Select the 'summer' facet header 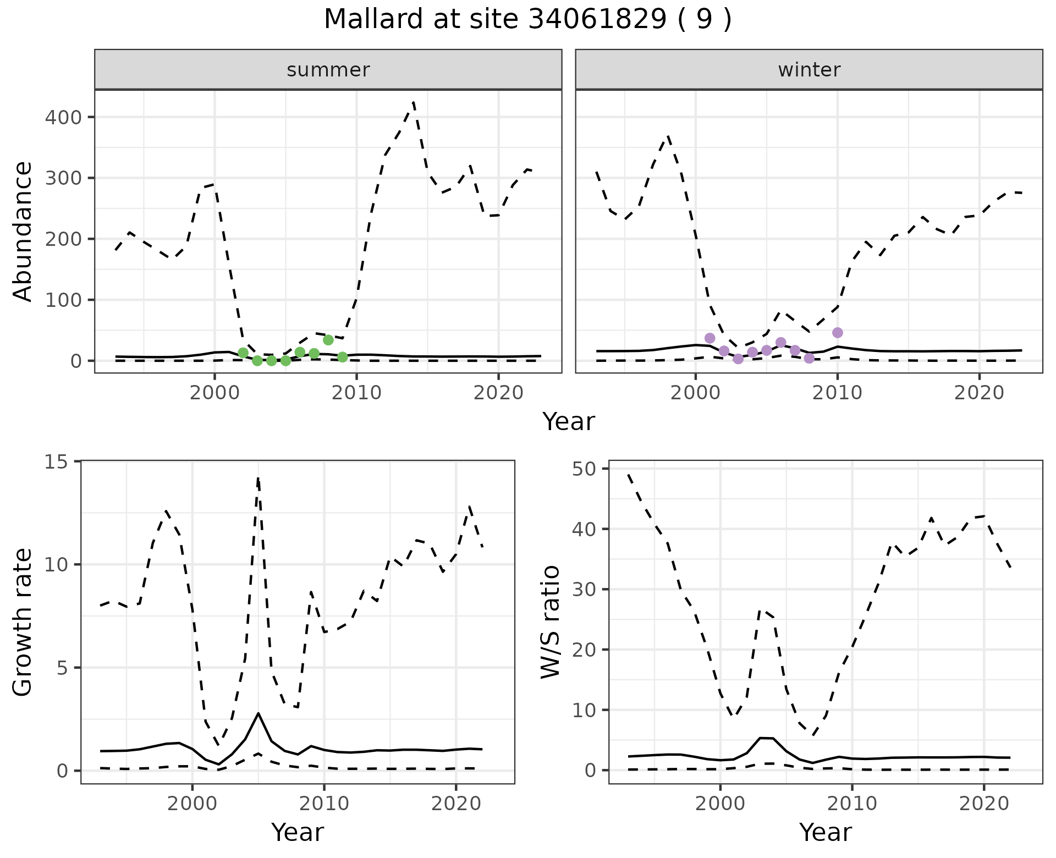[328, 70]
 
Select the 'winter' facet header [809, 70]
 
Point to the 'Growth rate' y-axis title [23, 623]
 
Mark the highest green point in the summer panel [328, 340]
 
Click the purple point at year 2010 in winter [837, 333]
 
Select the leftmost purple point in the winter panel [710, 338]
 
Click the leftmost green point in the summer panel [243, 353]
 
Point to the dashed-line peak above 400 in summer [413, 102]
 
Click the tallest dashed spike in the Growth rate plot [258, 479]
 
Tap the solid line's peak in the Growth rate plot [258, 713]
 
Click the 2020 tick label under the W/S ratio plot [984, 804]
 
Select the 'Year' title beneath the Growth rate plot [297, 832]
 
